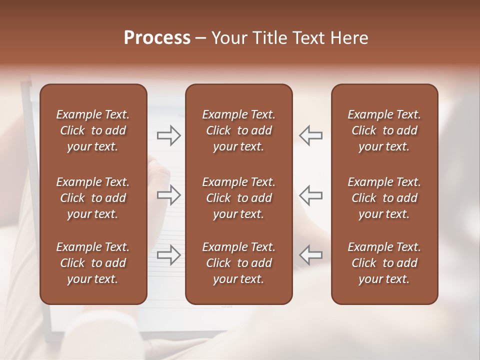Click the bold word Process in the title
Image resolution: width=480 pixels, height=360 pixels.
tap(157, 38)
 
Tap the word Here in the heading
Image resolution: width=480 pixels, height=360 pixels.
tap(349, 38)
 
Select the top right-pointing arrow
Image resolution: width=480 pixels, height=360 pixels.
tap(168, 135)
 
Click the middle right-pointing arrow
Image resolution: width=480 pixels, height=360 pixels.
tap(168, 195)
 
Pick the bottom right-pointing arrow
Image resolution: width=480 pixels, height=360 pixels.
tap(168, 255)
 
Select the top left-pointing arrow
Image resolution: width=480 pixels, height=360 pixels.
tap(310, 135)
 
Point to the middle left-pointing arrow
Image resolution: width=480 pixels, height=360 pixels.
tap(310, 195)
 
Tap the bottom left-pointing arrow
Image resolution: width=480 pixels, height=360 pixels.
tap(310, 255)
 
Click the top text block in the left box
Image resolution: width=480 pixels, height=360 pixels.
tap(93, 130)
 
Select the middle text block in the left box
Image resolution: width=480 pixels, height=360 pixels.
tap(93, 198)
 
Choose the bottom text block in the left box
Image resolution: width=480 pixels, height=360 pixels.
tap(93, 263)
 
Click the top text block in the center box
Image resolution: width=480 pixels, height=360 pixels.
tap(239, 130)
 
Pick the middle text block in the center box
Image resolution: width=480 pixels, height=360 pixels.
tap(239, 198)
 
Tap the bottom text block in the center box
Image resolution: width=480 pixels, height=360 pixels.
tap(239, 263)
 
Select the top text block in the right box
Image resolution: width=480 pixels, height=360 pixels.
tap(384, 130)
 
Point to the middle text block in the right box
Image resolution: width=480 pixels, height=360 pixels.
tap(384, 198)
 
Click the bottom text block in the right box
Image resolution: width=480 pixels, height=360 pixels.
tap(384, 263)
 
